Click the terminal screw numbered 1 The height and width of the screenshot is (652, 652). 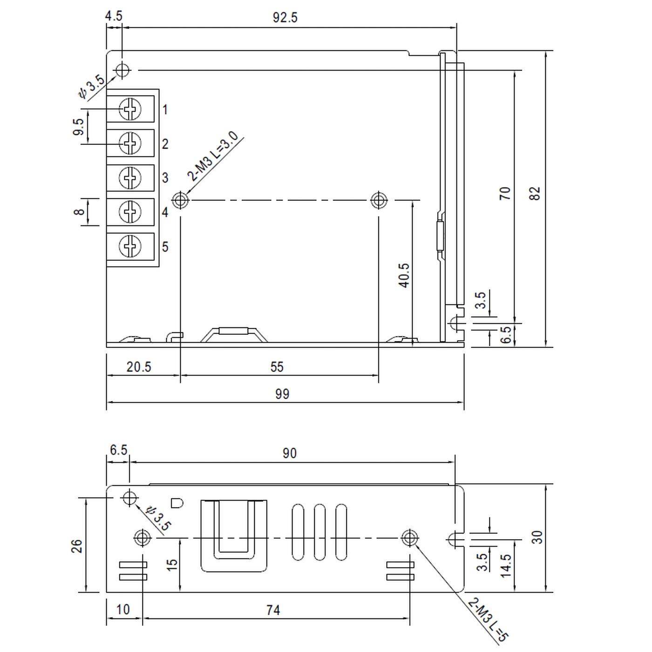[130, 109]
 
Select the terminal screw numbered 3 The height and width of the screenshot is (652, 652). [130, 177]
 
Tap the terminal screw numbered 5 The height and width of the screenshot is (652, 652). [130, 246]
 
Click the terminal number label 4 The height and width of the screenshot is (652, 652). [165, 212]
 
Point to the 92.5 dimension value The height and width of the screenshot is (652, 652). [285, 18]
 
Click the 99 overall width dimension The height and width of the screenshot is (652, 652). [282, 394]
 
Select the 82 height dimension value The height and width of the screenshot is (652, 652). [536, 193]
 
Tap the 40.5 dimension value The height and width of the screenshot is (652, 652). [404, 275]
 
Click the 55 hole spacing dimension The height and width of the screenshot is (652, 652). [277, 367]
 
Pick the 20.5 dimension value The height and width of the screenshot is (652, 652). [139, 367]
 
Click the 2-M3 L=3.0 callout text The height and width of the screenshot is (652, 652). [213, 156]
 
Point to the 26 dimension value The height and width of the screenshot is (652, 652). [77, 545]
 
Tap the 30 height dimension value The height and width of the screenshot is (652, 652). [537, 537]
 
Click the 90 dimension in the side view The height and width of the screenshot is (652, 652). [289, 453]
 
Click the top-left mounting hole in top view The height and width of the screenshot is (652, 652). [122, 70]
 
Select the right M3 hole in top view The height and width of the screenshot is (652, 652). [379, 200]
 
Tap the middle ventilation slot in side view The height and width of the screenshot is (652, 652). [319, 532]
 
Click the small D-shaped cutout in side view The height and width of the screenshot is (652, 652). [177, 503]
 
